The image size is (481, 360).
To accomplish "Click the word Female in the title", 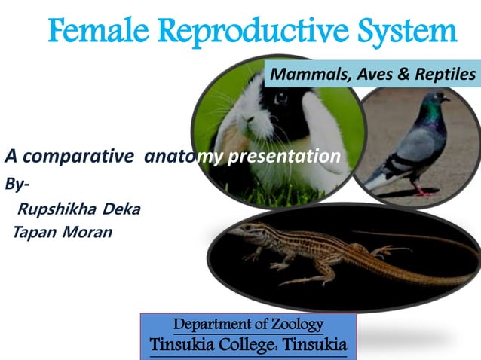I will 96,32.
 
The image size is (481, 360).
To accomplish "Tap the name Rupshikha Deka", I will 78,209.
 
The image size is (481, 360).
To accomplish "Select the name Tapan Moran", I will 63,232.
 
